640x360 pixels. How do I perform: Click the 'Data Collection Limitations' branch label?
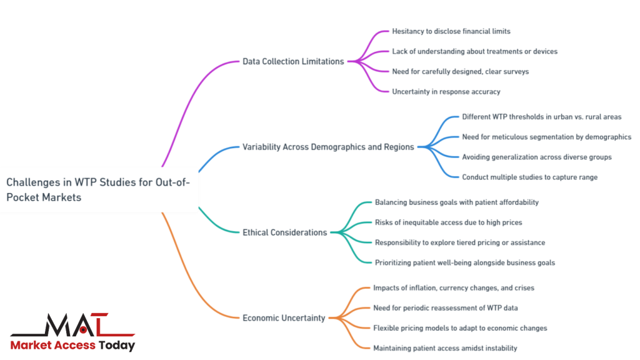click(293, 61)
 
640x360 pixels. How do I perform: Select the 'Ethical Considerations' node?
click(284, 232)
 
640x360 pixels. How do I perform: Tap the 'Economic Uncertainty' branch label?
click(284, 317)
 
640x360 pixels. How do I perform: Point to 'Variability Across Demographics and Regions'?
click(328, 147)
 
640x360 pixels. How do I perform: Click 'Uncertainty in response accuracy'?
click(446, 91)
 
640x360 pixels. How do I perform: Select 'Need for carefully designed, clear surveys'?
click(460, 71)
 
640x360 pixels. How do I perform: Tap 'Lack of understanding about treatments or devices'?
click(474, 51)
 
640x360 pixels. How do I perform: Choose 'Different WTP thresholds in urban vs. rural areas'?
click(541, 117)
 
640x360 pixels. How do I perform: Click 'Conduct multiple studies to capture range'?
click(529, 177)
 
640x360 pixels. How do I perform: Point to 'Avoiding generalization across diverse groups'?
click(537, 157)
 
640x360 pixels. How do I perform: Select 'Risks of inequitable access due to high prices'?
click(448, 222)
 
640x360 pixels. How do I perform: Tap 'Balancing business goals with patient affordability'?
click(456, 202)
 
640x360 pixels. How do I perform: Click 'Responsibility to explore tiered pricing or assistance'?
click(459, 242)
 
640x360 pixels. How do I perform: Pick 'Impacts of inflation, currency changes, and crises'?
click(454, 287)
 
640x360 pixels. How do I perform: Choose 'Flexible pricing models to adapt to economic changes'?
click(460, 327)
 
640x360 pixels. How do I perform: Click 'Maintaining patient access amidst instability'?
click(445, 347)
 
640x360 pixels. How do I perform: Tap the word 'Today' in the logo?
click(117, 345)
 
